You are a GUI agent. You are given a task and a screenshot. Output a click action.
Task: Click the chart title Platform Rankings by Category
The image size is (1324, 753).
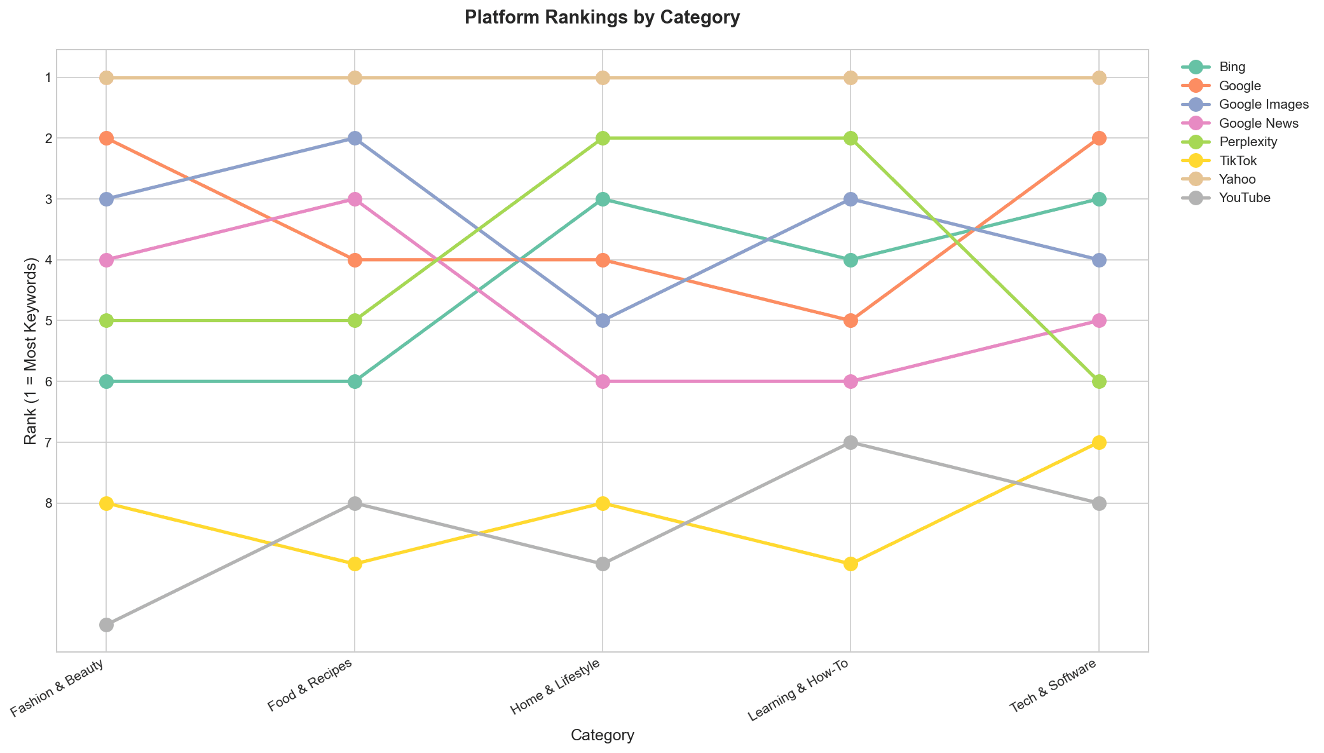coord(602,18)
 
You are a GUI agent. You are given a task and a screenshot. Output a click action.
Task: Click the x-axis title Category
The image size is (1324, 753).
coord(602,736)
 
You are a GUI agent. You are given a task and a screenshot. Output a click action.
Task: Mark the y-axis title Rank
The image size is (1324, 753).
coord(30,350)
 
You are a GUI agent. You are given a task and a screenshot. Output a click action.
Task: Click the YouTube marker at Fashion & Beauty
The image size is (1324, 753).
coord(106,625)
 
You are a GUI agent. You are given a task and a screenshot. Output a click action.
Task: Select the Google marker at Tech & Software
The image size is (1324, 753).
coord(1098,139)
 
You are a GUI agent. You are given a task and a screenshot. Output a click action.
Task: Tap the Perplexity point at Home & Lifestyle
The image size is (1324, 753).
coord(603,139)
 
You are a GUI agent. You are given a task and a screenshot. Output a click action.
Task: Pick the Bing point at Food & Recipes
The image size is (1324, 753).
coord(355,381)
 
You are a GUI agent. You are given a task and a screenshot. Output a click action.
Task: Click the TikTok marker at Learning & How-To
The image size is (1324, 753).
coord(850,564)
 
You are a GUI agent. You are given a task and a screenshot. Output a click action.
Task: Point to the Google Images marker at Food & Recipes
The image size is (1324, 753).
coord(355,139)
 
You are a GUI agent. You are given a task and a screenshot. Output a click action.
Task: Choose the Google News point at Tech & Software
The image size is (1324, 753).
coord(1098,321)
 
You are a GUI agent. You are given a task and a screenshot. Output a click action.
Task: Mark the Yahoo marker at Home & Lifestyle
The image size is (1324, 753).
coord(603,78)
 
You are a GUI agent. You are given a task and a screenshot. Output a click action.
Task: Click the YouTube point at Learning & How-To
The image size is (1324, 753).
coord(850,442)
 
